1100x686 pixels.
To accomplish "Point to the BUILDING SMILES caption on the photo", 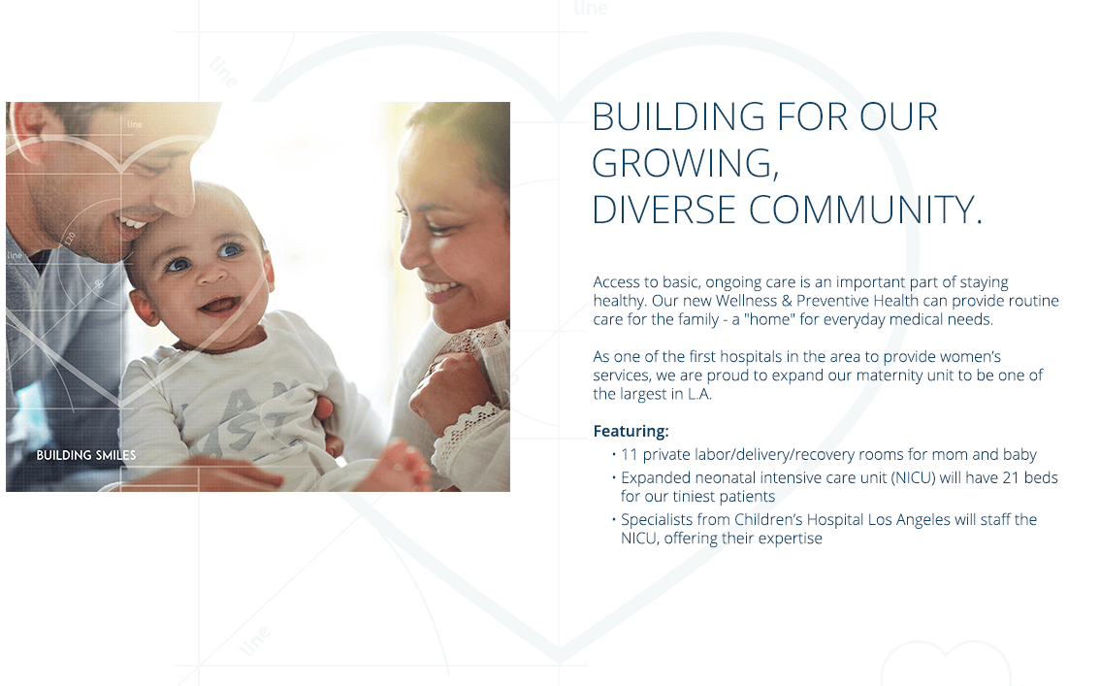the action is [86, 455].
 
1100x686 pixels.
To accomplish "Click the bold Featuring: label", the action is [631, 431].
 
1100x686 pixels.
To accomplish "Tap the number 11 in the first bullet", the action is [630, 454].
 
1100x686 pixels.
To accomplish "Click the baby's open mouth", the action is [219, 306].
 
